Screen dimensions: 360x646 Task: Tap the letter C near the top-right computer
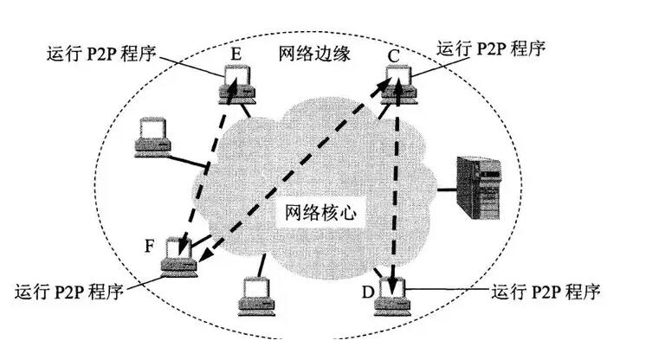pyautogui.click(x=394, y=57)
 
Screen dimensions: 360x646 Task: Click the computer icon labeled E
pyautogui.click(x=236, y=83)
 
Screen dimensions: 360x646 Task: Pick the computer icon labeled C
pyautogui.click(x=398, y=84)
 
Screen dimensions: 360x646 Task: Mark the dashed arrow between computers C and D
pyautogui.click(x=397, y=190)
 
